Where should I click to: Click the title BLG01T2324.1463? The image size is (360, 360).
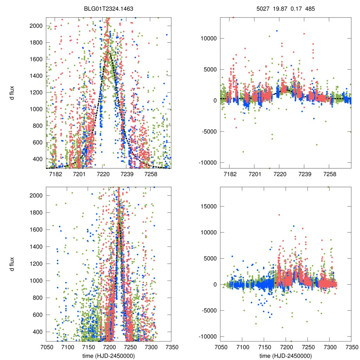click(108, 7)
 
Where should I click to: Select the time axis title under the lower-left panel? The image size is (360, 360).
click(108, 355)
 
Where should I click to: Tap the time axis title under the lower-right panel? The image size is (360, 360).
click(286, 355)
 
